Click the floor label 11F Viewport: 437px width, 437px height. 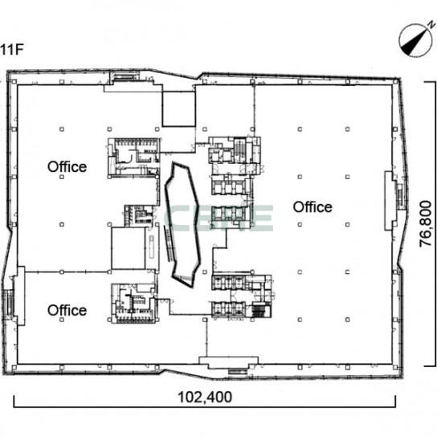[x=11, y=50]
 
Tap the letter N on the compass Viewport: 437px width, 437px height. [x=432, y=25]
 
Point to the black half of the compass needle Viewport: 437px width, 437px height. [x=410, y=46]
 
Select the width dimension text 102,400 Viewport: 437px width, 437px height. [x=205, y=397]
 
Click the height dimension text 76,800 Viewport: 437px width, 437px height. [x=426, y=223]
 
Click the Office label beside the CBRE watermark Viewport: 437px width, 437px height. [x=312, y=207]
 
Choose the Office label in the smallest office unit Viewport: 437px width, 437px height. [x=67, y=310]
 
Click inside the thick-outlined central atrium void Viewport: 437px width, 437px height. [x=182, y=223]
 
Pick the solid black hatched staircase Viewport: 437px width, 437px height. [x=258, y=312]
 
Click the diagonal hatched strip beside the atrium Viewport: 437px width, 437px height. [x=168, y=243]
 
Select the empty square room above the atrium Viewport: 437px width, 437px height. [x=178, y=109]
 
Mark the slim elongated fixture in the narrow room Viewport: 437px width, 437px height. [x=152, y=247]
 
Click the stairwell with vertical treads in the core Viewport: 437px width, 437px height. [x=239, y=151]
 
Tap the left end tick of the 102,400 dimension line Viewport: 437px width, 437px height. [x=14, y=402]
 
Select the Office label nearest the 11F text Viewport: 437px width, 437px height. [x=67, y=166]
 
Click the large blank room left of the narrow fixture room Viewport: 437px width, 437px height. [x=129, y=248]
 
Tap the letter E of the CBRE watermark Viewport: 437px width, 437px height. [x=263, y=218]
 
